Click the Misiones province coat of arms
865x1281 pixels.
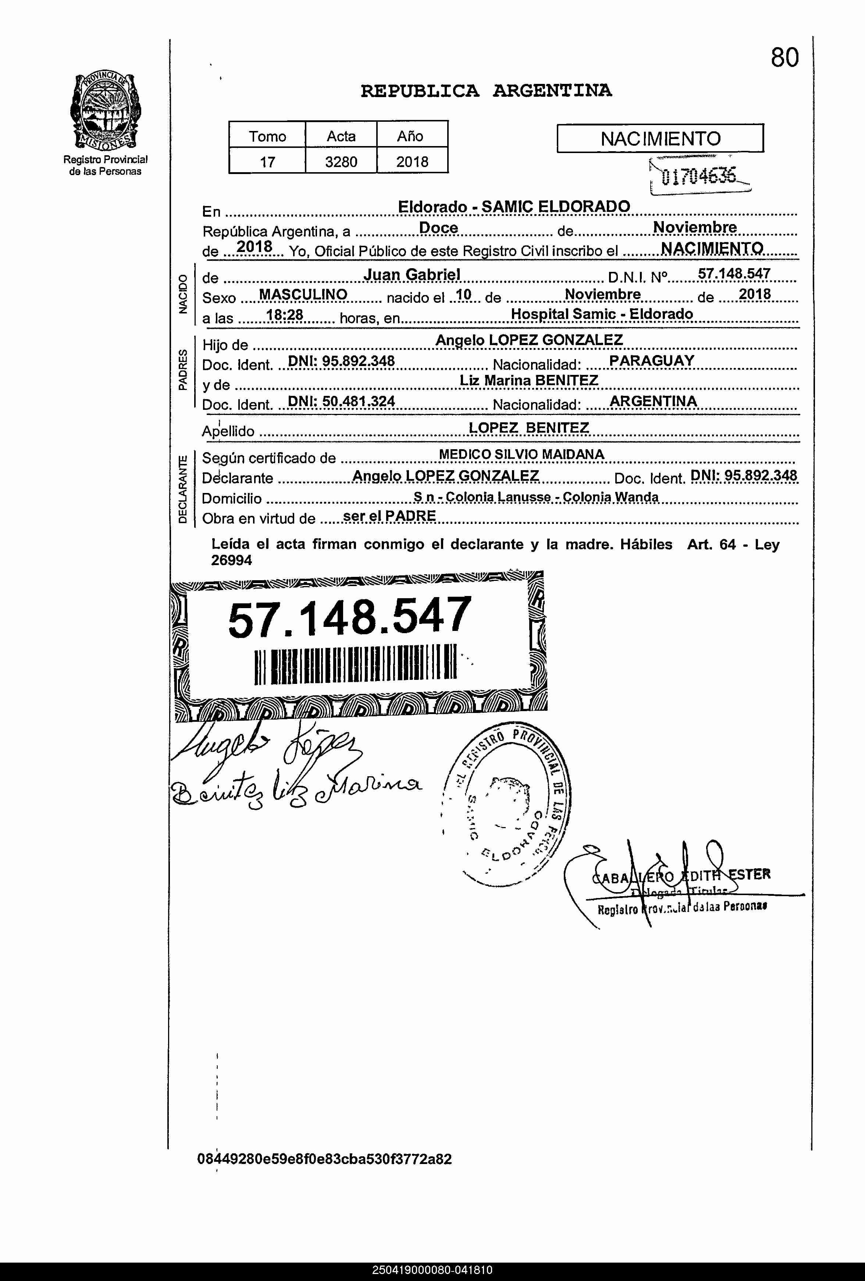pos(105,111)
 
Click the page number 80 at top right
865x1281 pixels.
pos(784,57)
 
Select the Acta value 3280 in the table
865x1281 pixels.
pos(341,162)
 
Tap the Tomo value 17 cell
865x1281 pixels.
pos(267,162)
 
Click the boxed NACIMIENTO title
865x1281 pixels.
pos(660,138)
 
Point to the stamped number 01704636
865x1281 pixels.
pos(699,176)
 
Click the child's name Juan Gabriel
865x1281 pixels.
pos(412,274)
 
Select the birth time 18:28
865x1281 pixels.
pos(284,315)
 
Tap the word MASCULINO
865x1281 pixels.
pos(303,294)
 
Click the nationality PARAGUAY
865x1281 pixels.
pos(651,361)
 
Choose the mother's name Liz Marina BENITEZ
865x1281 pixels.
pos(528,380)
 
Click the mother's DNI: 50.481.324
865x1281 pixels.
pos(342,401)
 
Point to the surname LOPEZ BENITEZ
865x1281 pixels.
pos(528,428)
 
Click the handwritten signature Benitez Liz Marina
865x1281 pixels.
pos(295,789)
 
